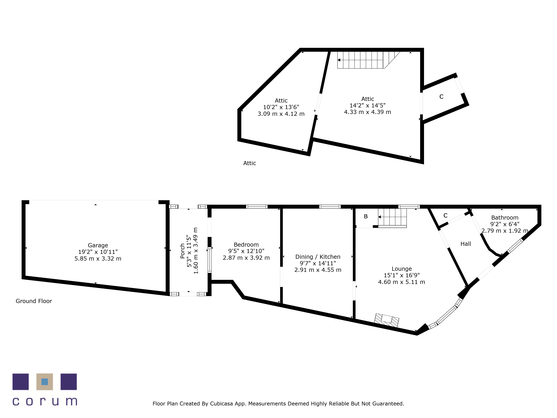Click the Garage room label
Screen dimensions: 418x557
tap(98, 245)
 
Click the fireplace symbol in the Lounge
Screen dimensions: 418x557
tap(387, 320)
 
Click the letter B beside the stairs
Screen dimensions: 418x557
tap(366, 216)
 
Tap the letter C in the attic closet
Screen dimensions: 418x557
tap(441, 97)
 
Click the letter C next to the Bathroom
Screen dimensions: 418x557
tap(445, 215)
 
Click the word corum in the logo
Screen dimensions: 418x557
tap(45, 401)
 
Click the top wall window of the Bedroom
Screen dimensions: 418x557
tap(257, 207)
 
